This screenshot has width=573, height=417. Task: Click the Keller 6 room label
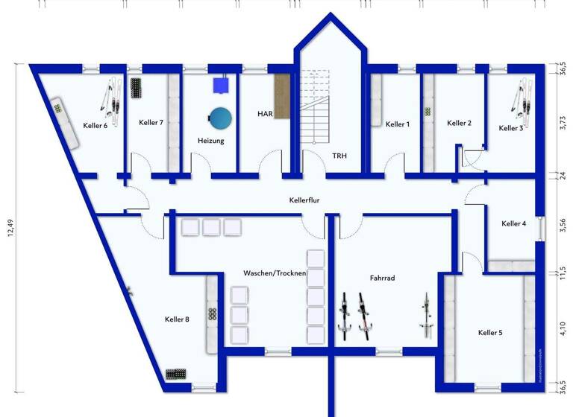(95, 126)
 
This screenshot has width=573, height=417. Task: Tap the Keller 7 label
(151, 123)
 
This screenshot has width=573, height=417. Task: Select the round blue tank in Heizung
(220, 118)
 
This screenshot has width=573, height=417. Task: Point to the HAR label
(264, 114)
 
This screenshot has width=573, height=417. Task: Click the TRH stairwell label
(340, 156)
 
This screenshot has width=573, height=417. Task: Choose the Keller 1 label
(398, 124)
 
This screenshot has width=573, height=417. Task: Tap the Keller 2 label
(459, 123)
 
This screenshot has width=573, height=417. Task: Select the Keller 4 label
(514, 223)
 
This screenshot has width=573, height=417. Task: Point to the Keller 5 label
(490, 332)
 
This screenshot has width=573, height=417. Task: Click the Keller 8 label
(177, 319)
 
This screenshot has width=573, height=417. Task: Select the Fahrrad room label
(382, 278)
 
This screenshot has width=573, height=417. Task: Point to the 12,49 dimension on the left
(11, 223)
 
